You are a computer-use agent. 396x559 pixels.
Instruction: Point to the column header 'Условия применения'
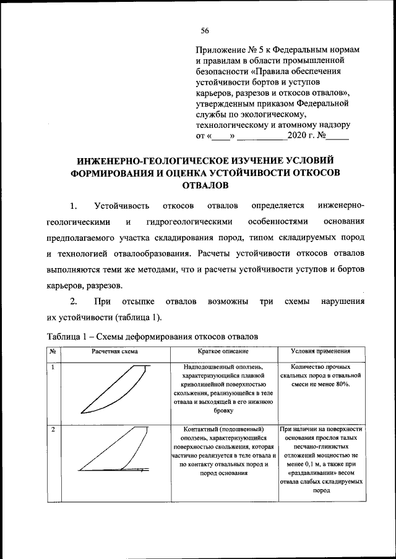point(320,351)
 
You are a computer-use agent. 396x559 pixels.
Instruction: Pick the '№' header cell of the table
point(53,351)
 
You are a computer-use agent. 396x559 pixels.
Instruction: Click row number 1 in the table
point(53,367)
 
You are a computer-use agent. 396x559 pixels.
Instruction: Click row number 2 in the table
point(53,429)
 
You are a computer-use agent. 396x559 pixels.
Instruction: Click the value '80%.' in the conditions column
point(341,384)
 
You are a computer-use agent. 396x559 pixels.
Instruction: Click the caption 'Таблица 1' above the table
point(68,336)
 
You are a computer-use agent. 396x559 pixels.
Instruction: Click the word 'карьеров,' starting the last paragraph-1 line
point(65,285)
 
